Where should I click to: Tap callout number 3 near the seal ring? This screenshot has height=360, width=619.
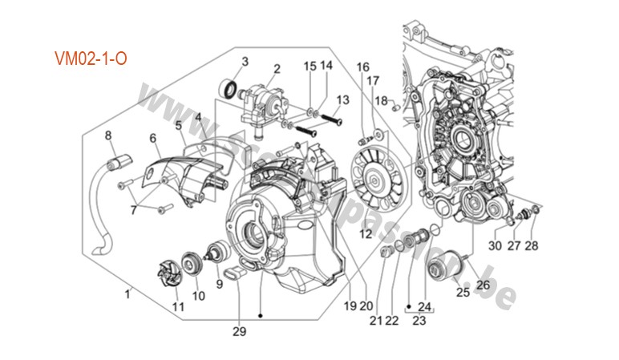pos(245,62)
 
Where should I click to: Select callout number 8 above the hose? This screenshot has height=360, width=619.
pos(108,136)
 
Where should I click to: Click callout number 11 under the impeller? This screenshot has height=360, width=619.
pos(178,308)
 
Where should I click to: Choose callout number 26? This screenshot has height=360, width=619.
pos(483,283)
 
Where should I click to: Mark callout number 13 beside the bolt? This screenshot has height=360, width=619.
pos(343,100)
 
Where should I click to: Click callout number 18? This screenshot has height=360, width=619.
pos(382,100)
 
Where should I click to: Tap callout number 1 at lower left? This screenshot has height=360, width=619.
pos(126,294)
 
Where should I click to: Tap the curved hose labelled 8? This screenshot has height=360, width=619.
pos(102,200)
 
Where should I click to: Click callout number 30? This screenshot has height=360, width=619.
pos(494,246)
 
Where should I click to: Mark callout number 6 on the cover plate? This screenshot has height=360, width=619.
pos(152,138)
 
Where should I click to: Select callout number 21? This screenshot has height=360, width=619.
pos(375,321)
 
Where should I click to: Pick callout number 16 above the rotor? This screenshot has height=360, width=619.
pos(362,67)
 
